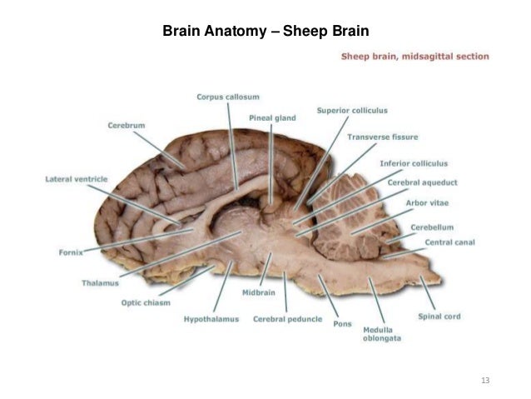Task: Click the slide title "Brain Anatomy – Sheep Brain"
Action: [x=265, y=32]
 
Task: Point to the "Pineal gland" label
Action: [x=272, y=118]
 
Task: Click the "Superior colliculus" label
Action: [x=352, y=110]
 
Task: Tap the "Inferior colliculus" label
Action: [x=414, y=163]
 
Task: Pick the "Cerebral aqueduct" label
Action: [x=422, y=182]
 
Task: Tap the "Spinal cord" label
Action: [x=439, y=317]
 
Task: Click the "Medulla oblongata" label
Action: [x=381, y=333]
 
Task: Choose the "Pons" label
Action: [x=341, y=323]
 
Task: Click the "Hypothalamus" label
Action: [x=211, y=319]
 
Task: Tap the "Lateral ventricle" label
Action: [x=76, y=179]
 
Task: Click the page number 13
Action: [x=487, y=381]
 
